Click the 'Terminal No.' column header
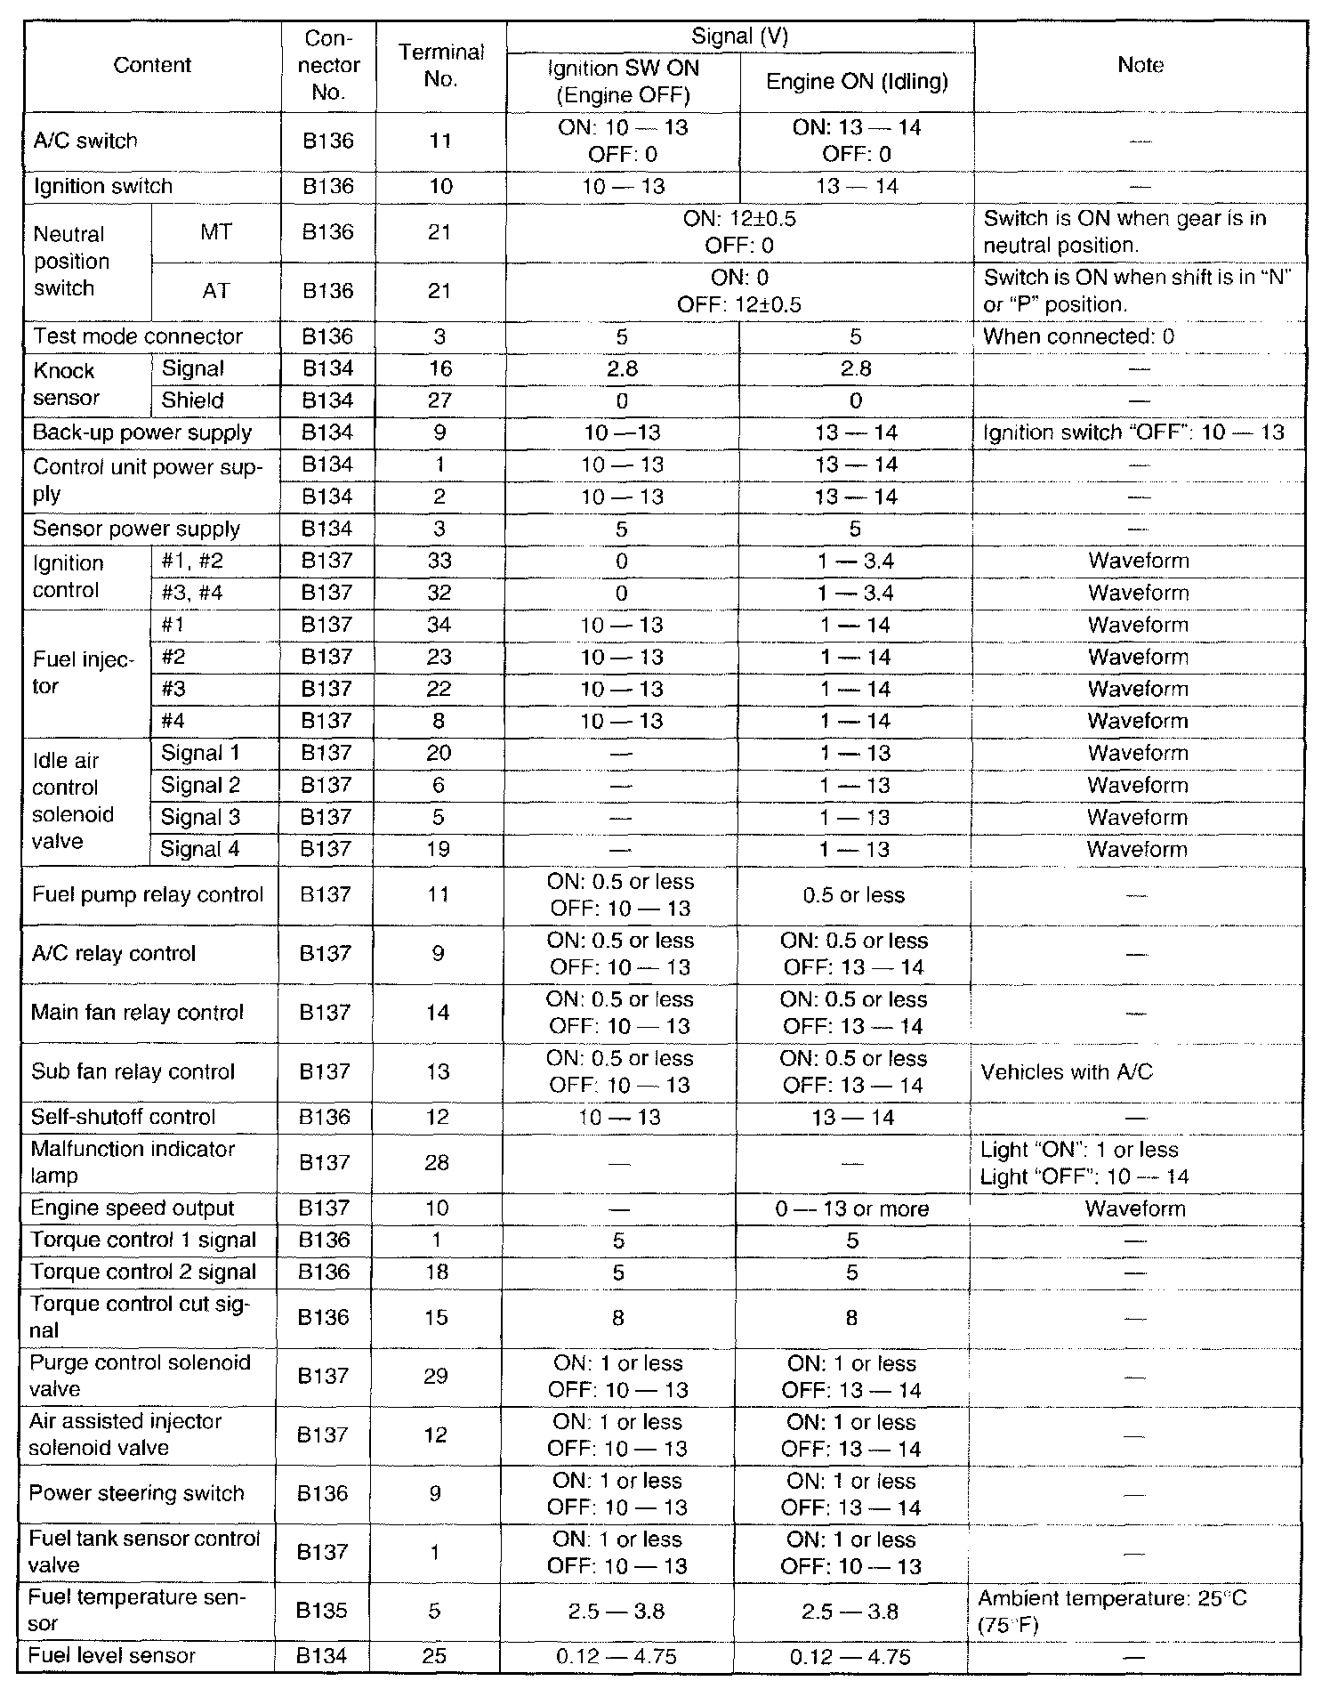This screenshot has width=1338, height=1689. pyautogui.click(x=441, y=65)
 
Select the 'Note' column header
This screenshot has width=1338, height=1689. pyautogui.click(x=1140, y=65)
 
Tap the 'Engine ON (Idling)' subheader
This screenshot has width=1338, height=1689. pyautogui.click(x=857, y=82)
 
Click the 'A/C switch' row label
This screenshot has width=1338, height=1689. pyautogui.click(x=85, y=141)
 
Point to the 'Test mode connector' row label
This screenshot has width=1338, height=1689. pyautogui.click(x=137, y=336)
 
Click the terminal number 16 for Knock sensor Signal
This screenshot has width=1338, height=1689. pyautogui.click(x=440, y=368)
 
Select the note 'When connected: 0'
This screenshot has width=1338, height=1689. pyautogui.click(x=1078, y=336)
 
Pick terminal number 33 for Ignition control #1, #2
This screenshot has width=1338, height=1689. pyautogui.click(x=440, y=561)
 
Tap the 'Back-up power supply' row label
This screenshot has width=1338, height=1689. pyautogui.click(x=142, y=432)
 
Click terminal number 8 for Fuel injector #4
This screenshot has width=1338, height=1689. pyautogui.click(x=440, y=721)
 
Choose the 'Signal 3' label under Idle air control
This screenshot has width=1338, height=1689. pyautogui.click(x=200, y=817)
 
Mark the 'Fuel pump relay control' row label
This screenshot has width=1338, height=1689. pyautogui.click(x=148, y=894)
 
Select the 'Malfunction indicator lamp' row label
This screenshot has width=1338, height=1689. pyautogui.click(x=133, y=1162)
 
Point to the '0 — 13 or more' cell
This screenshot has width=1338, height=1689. pyautogui.click(x=851, y=1208)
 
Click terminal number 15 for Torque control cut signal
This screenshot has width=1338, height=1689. pyautogui.click(x=437, y=1317)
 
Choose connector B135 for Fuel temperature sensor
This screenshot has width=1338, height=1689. pyautogui.click(x=322, y=1611)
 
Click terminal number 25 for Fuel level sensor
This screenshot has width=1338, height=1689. pyautogui.click(x=436, y=1656)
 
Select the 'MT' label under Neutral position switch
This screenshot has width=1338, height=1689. pyautogui.click(x=216, y=232)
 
